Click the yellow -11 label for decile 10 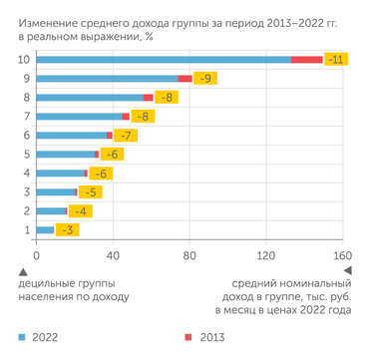337,60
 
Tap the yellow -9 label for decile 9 204,79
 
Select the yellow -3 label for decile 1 67,230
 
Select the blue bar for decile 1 46,230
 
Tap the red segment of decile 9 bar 185,79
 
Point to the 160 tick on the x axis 342,255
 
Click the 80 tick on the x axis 189,255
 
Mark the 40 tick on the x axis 113,255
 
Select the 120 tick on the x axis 266,255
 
